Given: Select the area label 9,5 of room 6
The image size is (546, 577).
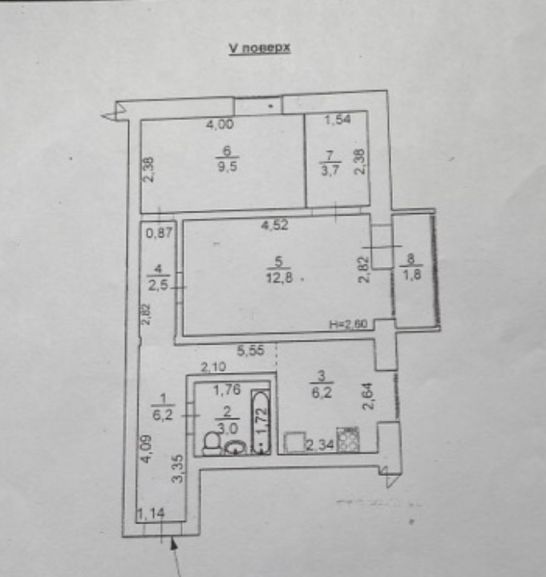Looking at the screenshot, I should click(x=227, y=169).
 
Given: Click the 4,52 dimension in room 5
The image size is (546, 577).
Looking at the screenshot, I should click(x=274, y=225).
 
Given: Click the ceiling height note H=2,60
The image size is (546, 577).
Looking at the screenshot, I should click(x=350, y=325).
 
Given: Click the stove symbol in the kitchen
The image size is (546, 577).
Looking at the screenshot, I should click(x=350, y=440).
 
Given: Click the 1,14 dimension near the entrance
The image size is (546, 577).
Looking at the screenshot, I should click(x=148, y=514).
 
